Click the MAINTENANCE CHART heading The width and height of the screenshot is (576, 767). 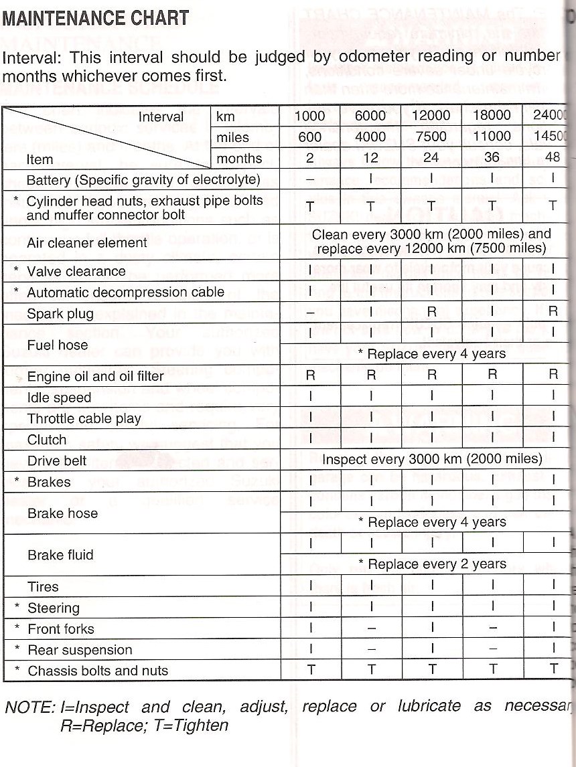[96, 18]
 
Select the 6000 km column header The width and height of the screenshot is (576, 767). [370, 116]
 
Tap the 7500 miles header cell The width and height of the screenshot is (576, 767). [431, 137]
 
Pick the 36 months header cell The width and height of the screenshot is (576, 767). [492, 158]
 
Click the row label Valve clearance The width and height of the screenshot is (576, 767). [76, 271]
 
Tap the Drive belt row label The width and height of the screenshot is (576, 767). [57, 461]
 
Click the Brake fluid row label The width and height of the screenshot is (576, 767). [60, 555]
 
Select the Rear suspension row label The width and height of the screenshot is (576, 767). [80, 650]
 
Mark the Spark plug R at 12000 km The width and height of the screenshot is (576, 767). [431, 311]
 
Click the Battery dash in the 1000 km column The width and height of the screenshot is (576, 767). [310, 179]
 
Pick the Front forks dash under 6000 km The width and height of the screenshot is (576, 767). [371, 629]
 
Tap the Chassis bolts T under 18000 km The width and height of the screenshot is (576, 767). [492, 670]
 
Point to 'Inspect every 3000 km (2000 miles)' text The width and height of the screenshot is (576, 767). [432, 459]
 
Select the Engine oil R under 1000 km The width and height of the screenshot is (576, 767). [310, 375]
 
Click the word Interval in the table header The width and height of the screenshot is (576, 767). [161, 117]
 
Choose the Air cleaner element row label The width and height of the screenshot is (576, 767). [86, 242]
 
